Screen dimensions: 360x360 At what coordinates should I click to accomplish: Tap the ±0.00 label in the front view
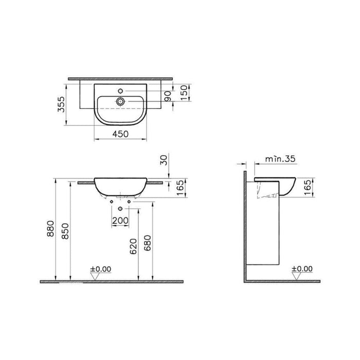[x=100, y=268]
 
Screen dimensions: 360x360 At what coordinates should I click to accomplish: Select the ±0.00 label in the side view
[x=302, y=268]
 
